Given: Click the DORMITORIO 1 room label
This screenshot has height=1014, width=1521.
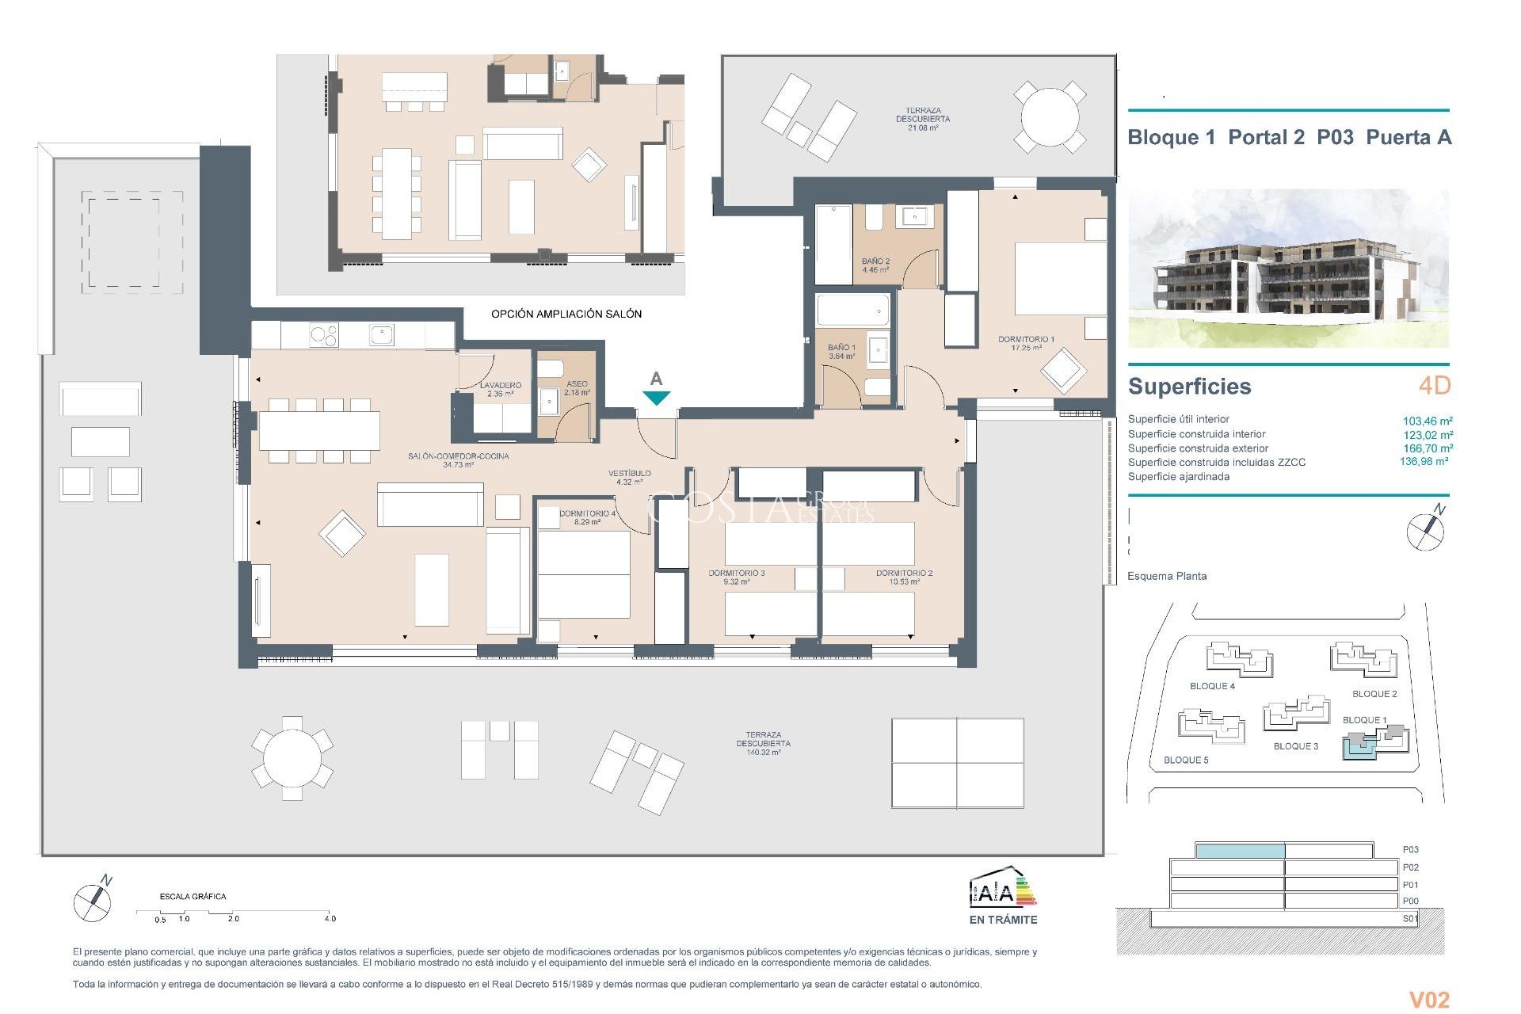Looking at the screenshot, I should (1026, 343).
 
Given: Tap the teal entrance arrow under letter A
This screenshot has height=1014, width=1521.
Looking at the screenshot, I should (656, 398).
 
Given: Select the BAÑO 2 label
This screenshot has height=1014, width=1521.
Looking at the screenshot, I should (875, 265).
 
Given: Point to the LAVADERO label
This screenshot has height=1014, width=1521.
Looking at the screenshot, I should (500, 389).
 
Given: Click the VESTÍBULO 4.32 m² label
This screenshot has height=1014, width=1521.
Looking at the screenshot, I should (629, 477).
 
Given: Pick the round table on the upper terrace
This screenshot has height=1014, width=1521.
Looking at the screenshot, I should (1049, 116).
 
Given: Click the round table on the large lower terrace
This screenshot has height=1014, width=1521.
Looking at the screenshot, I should (292, 758).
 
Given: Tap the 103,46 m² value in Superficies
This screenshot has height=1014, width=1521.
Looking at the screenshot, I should (1427, 421).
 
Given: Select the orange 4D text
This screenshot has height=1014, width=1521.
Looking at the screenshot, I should (1434, 386).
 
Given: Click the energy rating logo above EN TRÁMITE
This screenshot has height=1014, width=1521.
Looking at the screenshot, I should (1002, 888).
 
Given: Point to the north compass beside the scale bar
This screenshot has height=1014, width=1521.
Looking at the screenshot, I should (93, 900).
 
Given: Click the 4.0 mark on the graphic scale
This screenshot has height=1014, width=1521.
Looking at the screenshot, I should (330, 918).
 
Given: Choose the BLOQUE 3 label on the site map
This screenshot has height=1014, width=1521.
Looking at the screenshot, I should (1295, 746).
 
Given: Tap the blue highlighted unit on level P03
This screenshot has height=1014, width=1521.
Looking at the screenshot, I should (1239, 851).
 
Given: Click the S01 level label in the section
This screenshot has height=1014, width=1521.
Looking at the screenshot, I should (1409, 919).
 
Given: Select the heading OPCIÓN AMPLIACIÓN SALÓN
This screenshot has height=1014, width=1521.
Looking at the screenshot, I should (566, 314).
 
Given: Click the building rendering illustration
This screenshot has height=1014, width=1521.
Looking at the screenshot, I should (1287, 269).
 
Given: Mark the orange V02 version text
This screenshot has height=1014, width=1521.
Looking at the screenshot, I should (1428, 1000).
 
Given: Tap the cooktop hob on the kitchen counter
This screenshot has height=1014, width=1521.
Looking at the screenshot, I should (323, 336).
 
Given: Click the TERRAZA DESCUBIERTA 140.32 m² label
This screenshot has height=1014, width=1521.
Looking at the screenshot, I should (763, 743).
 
